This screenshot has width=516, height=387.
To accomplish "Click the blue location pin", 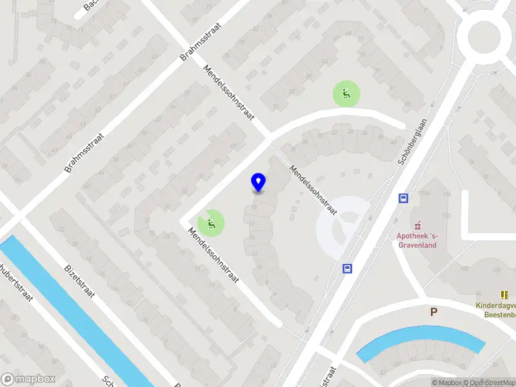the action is [x=258, y=183].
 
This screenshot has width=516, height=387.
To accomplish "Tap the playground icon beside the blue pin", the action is [x=212, y=223].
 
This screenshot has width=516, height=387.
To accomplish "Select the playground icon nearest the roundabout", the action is [x=346, y=94].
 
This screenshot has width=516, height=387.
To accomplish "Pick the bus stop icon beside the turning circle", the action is [x=347, y=268].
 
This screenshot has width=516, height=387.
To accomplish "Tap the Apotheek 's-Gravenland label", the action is [x=417, y=240].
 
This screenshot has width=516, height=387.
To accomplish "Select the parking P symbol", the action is [x=434, y=312].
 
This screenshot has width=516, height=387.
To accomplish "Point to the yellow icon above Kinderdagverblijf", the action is [x=504, y=294].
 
